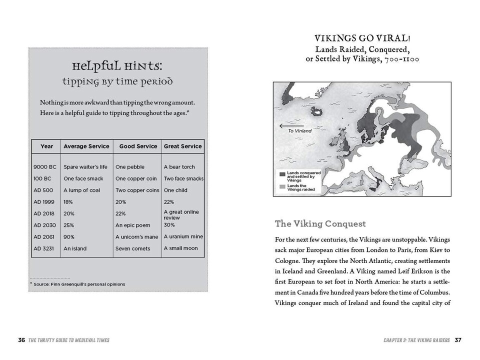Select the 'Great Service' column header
pos(183,146)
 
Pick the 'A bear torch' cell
pos(179,167)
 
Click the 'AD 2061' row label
pos(44,236)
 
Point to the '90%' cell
pos(69,236)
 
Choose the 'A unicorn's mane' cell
pos(136,236)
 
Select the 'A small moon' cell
pos(181,248)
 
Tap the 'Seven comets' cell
pos(133,248)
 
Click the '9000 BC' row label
pos(44,167)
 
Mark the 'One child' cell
pos(176,190)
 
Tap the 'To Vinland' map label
pos(299,131)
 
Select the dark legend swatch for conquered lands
pos(282,174)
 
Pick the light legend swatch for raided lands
pos(282,187)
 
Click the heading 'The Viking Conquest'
pos(320,224)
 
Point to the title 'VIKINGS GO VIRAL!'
pos(362,39)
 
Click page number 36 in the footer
pos(21,340)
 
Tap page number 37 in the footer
pos(458,340)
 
